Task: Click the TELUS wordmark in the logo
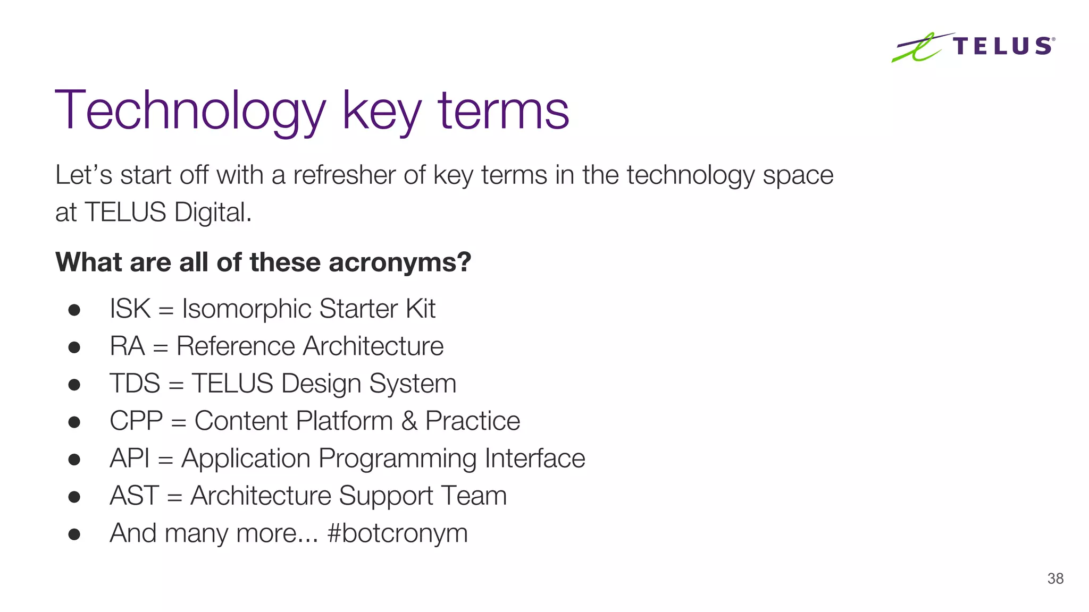1003,46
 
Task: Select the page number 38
1055,579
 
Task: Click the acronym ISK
130,309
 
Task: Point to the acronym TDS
135,384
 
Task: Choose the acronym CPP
136,421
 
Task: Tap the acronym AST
134,496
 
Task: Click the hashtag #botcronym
398,533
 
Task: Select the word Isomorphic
246,309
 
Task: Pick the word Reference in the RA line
236,346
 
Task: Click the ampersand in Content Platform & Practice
409,421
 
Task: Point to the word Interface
535,458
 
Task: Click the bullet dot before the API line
74,459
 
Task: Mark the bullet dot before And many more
74,534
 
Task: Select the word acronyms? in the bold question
400,262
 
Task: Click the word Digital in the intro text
213,212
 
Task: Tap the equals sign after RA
161,348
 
